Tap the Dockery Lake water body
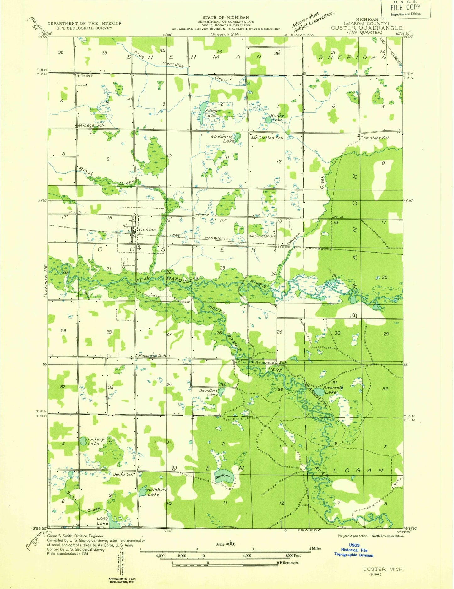[x=83, y=441]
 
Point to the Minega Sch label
[x=91, y=125]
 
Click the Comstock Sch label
[x=375, y=138]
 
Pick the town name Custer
[x=147, y=230]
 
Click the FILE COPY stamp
[x=405, y=9]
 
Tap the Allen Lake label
[x=211, y=113]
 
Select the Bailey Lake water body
[x=268, y=120]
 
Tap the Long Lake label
[x=102, y=521]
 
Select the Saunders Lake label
[x=208, y=392]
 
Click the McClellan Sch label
[x=267, y=138]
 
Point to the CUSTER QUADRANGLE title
[x=367, y=28]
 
